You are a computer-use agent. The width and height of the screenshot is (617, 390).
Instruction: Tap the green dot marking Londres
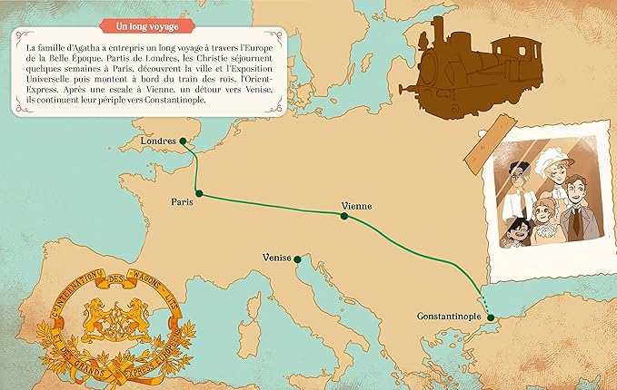tap(183, 141)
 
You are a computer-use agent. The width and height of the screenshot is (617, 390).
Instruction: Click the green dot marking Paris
tap(199, 194)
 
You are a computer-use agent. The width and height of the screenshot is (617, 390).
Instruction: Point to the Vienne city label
tap(355, 206)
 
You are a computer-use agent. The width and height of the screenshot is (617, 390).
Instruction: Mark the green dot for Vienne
tap(344, 216)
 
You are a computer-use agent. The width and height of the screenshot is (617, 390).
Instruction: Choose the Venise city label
tap(276, 258)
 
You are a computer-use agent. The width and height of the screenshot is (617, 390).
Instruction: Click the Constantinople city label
tap(450, 317)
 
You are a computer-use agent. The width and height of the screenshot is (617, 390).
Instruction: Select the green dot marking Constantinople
tap(491, 317)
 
